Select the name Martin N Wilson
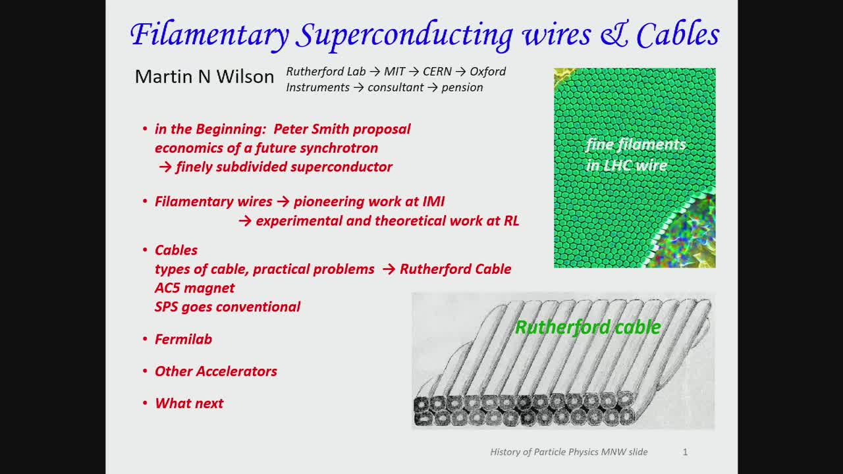(204, 77)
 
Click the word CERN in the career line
(437, 72)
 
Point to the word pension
(462, 88)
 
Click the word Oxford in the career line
(488, 72)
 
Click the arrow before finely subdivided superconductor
(165, 167)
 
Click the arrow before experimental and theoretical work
(245, 221)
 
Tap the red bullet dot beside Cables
(145, 250)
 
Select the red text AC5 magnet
(194, 288)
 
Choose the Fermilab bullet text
(183, 339)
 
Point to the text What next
(189, 404)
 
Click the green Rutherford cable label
(588, 327)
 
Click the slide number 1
(685, 452)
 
